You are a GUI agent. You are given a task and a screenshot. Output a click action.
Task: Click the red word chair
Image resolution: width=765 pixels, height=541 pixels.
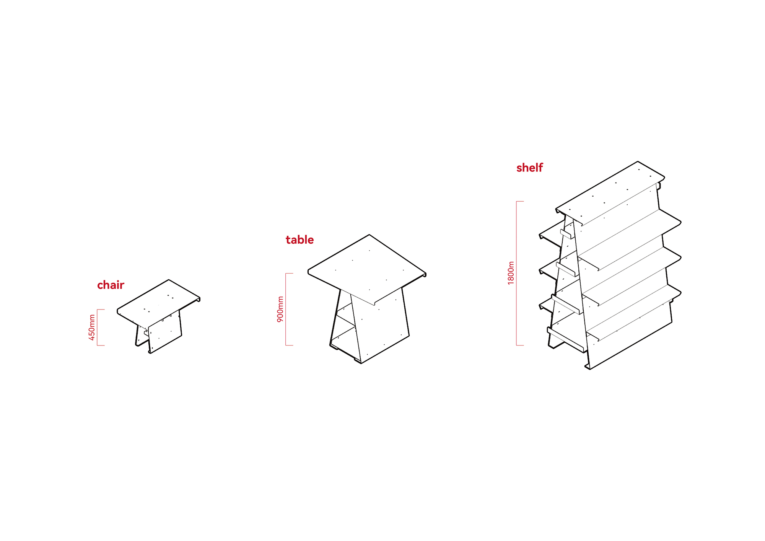click(111, 285)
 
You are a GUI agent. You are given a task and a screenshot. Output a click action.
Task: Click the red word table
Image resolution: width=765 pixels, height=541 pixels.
click(299, 240)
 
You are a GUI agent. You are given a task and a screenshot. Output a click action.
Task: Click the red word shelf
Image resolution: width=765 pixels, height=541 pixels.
click(529, 168)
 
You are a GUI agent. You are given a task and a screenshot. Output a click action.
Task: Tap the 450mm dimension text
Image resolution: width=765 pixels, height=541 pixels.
click(92, 328)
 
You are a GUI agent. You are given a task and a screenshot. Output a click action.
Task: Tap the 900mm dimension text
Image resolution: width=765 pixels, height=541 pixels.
click(280, 309)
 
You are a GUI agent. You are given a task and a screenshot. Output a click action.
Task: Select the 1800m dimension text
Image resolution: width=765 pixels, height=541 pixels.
click(511, 273)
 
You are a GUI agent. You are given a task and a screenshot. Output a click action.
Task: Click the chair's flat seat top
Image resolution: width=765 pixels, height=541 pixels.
click(158, 303)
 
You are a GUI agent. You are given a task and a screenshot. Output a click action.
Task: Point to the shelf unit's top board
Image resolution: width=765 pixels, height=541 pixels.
click(610, 193)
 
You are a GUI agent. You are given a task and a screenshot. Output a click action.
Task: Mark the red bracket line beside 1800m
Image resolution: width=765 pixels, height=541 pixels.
click(517, 273)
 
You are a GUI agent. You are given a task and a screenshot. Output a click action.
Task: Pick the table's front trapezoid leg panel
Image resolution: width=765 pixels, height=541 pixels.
click(379, 325)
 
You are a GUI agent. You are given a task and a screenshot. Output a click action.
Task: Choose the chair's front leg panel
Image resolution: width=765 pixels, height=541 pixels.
click(164, 331)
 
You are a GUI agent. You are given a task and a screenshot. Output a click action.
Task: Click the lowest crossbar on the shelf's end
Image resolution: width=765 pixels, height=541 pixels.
click(566, 339)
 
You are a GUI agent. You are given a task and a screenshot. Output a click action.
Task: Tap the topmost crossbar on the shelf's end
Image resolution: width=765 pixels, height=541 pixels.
click(568, 234)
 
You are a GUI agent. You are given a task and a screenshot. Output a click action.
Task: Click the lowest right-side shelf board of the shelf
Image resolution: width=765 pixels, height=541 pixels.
click(633, 312)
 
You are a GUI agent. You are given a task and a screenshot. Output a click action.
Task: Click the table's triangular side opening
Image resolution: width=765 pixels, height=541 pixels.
click(343, 323)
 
